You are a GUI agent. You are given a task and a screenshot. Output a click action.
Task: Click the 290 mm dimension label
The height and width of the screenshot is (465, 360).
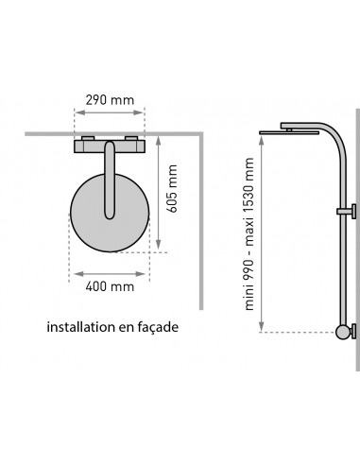click(110, 100)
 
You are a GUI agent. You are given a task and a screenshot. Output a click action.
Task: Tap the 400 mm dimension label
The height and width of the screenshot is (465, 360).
click(110, 286)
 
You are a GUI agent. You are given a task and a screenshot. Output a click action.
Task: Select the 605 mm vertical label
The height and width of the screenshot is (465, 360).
click(172, 188)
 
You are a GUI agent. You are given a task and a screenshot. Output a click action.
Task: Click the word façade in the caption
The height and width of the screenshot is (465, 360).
click(158, 328)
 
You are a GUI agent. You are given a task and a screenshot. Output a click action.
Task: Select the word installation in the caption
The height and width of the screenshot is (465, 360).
click(81, 327)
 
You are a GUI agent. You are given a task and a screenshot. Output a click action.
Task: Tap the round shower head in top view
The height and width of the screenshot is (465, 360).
click(110, 213)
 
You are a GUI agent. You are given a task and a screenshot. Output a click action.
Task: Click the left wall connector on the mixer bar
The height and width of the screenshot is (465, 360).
click(88, 138)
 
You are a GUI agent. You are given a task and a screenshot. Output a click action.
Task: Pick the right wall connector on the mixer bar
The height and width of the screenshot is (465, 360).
click(131, 138)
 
